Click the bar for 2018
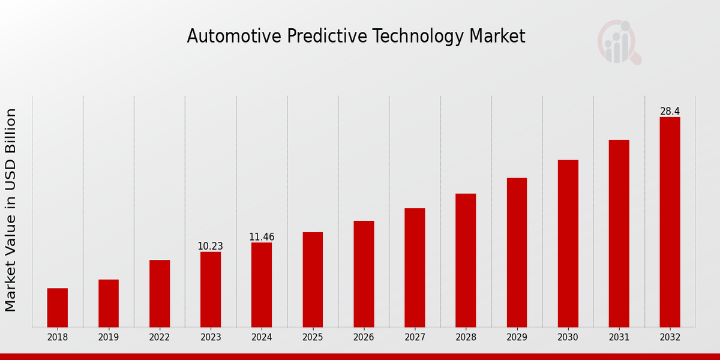[x=58, y=308]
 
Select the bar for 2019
[x=109, y=304]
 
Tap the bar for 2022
[x=160, y=293]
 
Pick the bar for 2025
[x=313, y=280]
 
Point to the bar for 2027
[x=415, y=268]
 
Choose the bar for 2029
[x=517, y=253]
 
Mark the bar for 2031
[x=619, y=233]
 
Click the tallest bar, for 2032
[x=670, y=222]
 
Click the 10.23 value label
[x=211, y=247]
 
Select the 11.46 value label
[x=262, y=237]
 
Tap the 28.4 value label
[x=670, y=112]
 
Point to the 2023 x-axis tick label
[x=211, y=338]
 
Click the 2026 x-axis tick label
[x=364, y=338]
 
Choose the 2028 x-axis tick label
[x=466, y=338]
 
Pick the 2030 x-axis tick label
[x=568, y=338]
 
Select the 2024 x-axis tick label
[x=262, y=338]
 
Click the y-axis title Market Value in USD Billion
[x=11, y=210]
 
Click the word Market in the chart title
[x=497, y=37]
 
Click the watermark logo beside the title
[x=619, y=42]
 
